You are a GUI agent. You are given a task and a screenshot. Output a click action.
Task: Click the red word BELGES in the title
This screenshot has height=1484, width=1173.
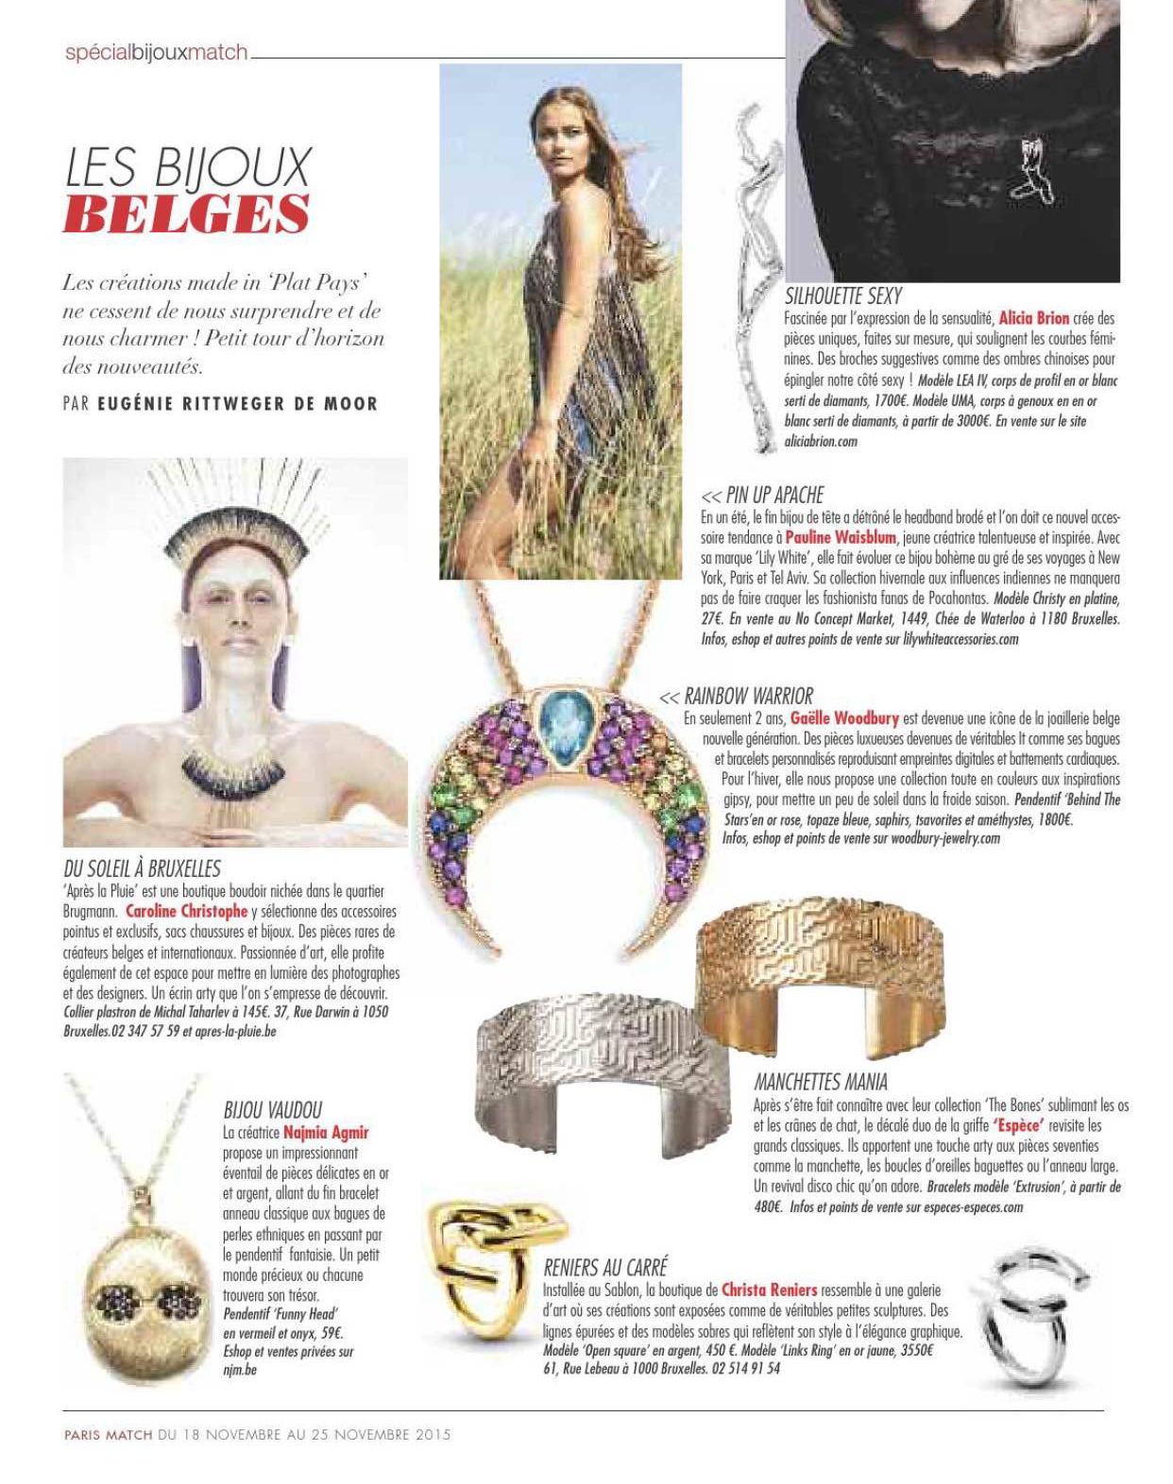pyautogui.click(x=186, y=213)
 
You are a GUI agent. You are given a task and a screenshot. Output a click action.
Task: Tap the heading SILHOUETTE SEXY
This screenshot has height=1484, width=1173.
pyautogui.click(x=842, y=295)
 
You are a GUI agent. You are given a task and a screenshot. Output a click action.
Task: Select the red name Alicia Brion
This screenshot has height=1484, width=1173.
pyautogui.click(x=1033, y=318)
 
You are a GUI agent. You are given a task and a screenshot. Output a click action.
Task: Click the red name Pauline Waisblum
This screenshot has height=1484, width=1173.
pyautogui.click(x=841, y=537)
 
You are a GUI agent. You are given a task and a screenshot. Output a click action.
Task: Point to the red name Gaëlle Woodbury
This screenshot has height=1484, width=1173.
pyautogui.click(x=844, y=718)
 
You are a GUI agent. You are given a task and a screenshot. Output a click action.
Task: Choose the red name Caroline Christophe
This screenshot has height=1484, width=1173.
pyautogui.click(x=186, y=911)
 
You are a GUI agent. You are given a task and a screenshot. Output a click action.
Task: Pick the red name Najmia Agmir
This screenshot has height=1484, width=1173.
pyautogui.click(x=326, y=1132)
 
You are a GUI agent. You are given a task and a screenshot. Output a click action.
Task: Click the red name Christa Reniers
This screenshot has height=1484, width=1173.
pyautogui.click(x=769, y=1289)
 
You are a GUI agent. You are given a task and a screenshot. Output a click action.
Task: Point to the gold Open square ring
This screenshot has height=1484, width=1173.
pyautogui.click(x=477, y=1270)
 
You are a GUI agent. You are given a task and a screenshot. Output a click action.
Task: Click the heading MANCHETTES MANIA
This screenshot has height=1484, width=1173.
pyautogui.click(x=820, y=1081)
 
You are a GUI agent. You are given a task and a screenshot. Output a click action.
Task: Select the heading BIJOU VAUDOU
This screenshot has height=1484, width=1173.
pyautogui.click(x=272, y=1109)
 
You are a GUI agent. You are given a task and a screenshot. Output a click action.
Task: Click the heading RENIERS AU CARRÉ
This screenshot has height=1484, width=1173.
pyautogui.click(x=605, y=1267)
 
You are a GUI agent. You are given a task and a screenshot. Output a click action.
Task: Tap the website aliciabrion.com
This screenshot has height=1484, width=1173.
pyautogui.click(x=820, y=441)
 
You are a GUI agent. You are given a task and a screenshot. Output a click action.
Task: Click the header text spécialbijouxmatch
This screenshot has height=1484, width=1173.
pyautogui.click(x=156, y=53)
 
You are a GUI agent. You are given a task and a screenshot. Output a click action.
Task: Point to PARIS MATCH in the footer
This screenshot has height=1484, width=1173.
pyautogui.click(x=108, y=1434)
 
